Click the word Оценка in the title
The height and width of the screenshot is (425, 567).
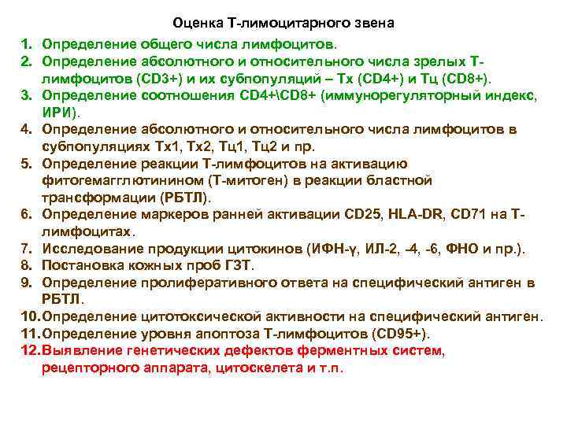point(197,24)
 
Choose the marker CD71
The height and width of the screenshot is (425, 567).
point(469,214)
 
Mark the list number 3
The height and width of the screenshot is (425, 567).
point(25,96)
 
